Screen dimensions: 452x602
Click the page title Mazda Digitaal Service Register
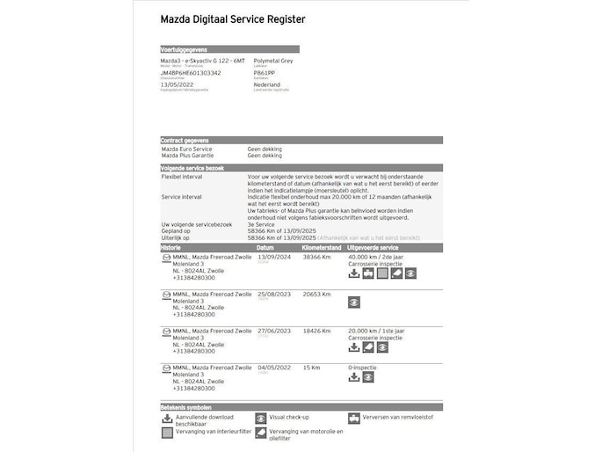(233, 19)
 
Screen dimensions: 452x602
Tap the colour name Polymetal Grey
(273, 61)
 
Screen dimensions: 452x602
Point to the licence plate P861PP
(264, 73)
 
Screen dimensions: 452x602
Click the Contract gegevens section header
(185, 141)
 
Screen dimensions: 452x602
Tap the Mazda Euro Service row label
(186, 149)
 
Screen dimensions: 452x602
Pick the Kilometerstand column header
(322, 248)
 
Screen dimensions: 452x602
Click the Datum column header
(265, 248)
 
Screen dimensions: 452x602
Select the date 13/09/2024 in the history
(272, 257)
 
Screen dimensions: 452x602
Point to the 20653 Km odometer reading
(316, 294)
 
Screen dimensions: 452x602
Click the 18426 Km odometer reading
(316, 331)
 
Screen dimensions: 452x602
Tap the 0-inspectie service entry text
(363, 367)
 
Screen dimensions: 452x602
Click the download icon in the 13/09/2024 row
(354, 273)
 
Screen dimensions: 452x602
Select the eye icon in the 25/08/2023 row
(354, 302)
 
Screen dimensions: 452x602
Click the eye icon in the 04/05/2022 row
(368, 377)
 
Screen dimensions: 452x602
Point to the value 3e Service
(261, 225)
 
